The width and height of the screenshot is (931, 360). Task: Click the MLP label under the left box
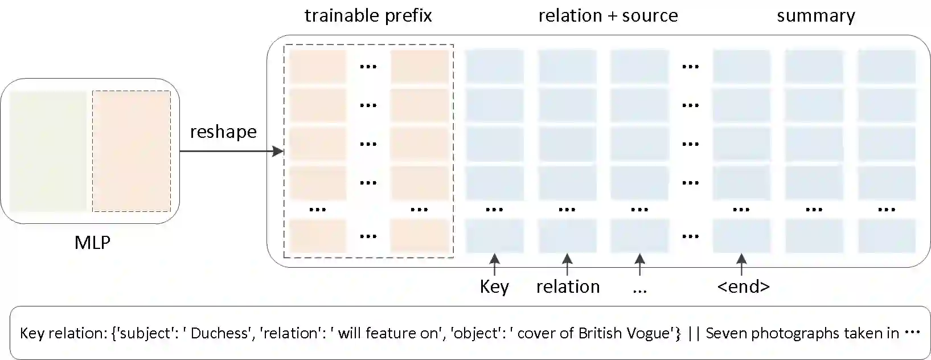92,243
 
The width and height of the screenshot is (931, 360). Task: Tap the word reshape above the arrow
223,132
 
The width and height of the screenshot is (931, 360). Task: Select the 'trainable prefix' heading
368,15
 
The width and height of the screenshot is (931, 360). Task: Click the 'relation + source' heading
608,15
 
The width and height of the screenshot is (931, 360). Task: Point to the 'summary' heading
815,15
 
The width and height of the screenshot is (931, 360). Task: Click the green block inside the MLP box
48,151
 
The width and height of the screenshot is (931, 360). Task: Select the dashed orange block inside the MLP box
131,151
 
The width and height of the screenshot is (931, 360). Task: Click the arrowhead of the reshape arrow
278,152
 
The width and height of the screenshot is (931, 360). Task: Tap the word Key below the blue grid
494,287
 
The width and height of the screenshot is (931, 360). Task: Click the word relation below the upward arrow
568,287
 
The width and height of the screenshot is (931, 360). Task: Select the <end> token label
743,287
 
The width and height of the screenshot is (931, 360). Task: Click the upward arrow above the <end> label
741,264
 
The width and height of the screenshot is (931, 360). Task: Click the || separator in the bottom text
694,333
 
